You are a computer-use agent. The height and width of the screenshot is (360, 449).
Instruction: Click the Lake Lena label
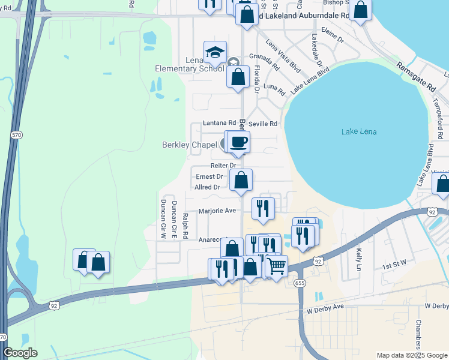358,131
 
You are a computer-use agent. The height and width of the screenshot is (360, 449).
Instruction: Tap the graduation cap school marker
215,52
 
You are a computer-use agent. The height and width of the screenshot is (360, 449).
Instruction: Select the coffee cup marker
238,142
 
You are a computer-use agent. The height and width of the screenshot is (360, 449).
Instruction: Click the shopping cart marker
276,265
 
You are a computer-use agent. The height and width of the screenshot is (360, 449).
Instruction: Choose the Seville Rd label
264,124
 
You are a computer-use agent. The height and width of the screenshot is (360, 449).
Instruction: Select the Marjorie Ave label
217,211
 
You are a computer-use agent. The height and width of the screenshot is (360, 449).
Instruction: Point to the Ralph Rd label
185,222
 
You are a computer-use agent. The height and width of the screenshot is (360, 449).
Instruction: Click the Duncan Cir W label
162,216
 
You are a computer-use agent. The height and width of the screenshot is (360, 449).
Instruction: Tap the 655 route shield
298,283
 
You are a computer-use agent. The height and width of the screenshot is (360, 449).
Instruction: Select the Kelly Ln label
359,257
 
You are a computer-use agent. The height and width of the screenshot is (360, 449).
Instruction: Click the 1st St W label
395,263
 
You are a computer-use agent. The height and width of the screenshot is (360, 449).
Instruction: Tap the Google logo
20,353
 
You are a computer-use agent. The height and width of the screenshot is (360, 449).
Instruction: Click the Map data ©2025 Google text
411,355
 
